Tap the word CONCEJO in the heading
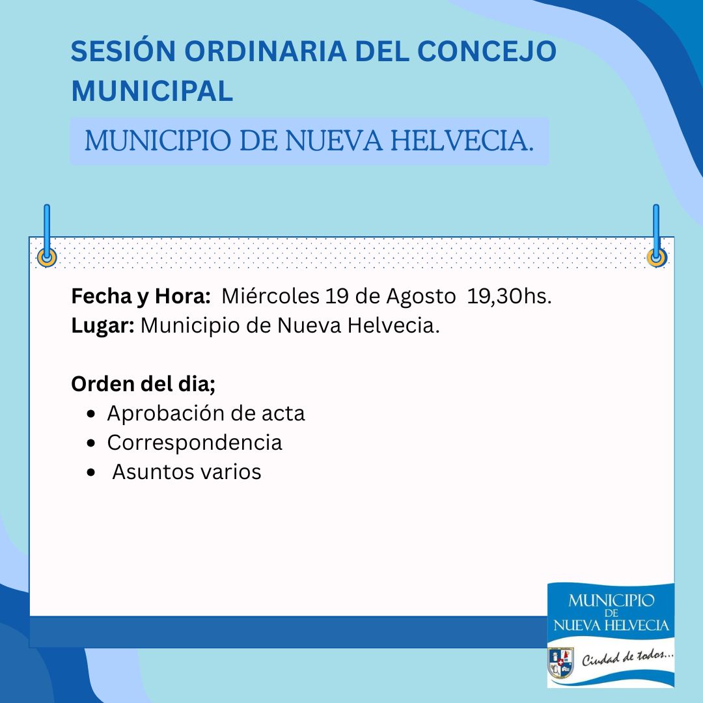tap(487, 51)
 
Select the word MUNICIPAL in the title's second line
tap(152, 91)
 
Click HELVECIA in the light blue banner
tap(462, 141)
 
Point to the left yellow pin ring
tap(47, 258)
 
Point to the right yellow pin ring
tap(656, 258)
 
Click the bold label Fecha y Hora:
tap(141, 297)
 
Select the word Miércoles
tap(270, 296)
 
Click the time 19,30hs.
tap(509, 297)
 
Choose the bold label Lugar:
tap(103, 326)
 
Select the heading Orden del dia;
tap(143, 384)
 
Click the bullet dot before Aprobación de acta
tap(92, 414)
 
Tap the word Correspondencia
tap(195, 443)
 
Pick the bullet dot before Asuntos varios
tap(92, 472)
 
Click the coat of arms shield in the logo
tap(560, 663)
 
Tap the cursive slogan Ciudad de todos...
tap(627, 657)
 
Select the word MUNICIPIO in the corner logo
tap(611, 600)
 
